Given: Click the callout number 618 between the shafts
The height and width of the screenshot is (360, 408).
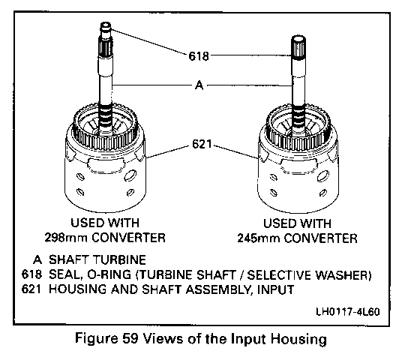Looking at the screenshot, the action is [x=199, y=56].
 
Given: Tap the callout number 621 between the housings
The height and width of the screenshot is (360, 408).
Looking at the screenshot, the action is [x=202, y=144].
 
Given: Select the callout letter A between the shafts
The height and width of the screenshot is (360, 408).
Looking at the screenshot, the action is [x=199, y=85].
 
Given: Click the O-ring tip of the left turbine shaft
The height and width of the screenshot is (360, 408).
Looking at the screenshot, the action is [x=106, y=26].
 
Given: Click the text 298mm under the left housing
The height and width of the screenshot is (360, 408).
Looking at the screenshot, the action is [x=65, y=238].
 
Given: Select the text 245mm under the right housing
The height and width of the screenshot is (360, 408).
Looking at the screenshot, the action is [x=258, y=238].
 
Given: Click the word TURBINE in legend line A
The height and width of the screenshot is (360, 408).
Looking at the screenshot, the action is [x=119, y=259].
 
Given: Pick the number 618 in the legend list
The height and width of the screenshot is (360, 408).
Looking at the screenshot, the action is [x=31, y=274].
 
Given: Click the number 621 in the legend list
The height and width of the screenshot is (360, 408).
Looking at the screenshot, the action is [x=31, y=289].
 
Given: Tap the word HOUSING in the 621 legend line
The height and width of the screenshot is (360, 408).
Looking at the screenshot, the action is [x=77, y=289].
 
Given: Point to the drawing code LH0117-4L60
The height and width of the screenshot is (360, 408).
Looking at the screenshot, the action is [x=348, y=311].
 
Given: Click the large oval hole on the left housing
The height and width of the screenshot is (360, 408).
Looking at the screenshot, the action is [x=130, y=175].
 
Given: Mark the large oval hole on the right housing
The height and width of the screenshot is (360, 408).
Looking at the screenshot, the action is [x=323, y=176].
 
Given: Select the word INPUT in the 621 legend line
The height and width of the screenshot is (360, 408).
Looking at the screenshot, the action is [x=276, y=289].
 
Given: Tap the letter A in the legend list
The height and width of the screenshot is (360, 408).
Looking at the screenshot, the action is [x=37, y=259].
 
